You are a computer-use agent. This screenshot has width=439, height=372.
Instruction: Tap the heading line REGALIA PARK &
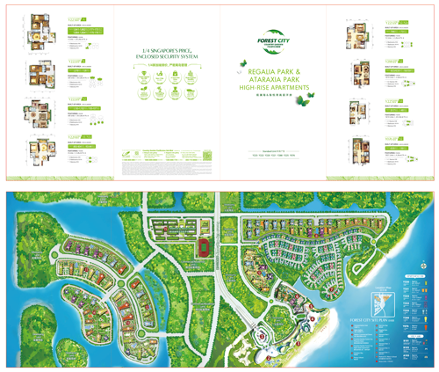click(x=274, y=71)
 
